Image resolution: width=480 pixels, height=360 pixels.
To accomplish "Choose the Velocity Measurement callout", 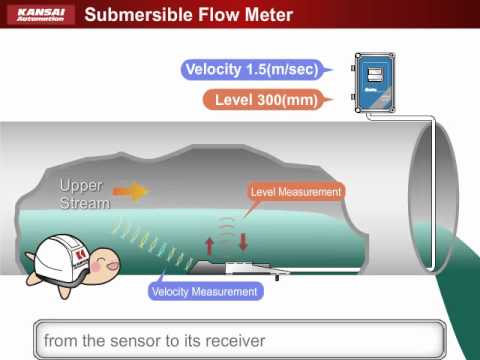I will (x=204, y=292).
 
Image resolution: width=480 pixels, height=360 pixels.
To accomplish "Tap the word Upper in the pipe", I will (x=80, y=185).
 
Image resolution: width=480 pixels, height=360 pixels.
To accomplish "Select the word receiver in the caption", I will (x=231, y=341).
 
